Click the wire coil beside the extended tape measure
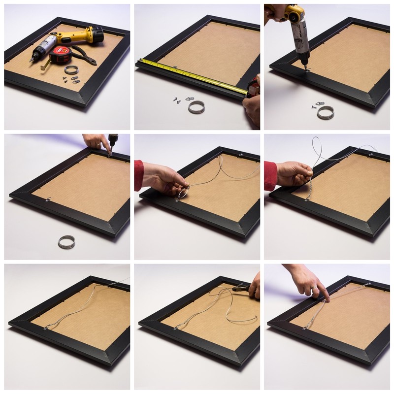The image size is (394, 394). click(x=197, y=107)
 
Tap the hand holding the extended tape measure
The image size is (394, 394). click(x=253, y=101)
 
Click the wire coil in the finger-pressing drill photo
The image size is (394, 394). click(x=66, y=242)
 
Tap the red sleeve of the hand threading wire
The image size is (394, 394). click(x=138, y=175)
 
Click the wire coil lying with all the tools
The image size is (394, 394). click(x=71, y=70)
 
